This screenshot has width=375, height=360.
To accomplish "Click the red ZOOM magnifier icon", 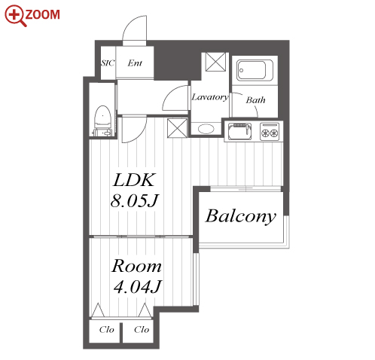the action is pyautogui.click(x=16, y=15).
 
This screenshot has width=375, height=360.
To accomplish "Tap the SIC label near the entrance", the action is pyautogui.click(x=108, y=63).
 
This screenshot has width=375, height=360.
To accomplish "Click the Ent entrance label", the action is pyautogui.click(x=135, y=63).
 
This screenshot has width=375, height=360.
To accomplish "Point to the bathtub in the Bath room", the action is pyautogui.click(x=255, y=70).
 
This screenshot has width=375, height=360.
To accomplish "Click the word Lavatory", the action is pyautogui.click(x=210, y=97).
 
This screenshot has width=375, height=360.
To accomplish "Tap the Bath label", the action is pyautogui.click(x=255, y=100).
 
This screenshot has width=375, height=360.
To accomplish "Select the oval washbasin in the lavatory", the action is pyautogui.click(x=206, y=129).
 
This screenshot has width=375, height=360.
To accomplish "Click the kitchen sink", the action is pyautogui.click(x=240, y=131).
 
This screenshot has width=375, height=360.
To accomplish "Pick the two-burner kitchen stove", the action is pyautogui.click(x=270, y=132).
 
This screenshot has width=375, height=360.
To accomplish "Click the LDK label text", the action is pyautogui.click(x=134, y=180).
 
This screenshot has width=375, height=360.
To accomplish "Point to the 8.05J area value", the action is pyautogui.click(x=135, y=200).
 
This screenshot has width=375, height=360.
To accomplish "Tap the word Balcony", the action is pyautogui.click(x=241, y=216).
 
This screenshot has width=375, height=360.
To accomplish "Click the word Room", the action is pyautogui.click(x=136, y=266).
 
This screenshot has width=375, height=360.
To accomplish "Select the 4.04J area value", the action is pyautogui.click(x=137, y=287).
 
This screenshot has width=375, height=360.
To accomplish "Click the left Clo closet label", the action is pyautogui.click(x=107, y=329).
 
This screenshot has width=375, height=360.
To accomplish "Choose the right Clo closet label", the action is pyautogui.click(x=142, y=329).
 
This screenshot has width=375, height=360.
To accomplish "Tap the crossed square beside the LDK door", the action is pyautogui.click(x=177, y=128).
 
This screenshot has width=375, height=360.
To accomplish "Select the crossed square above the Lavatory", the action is pyautogui.click(x=215, y=62).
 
